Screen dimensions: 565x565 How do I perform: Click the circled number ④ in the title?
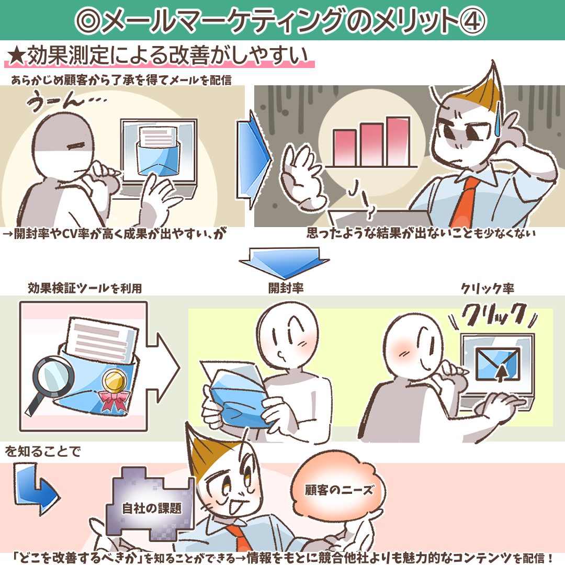472,21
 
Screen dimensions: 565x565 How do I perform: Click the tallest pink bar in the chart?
398,141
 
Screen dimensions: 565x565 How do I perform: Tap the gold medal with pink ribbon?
115,389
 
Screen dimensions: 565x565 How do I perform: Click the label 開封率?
286,288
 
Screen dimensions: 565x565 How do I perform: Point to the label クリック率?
488,288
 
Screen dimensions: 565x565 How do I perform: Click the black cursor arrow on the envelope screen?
501,374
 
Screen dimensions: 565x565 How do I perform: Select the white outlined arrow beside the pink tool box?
163,368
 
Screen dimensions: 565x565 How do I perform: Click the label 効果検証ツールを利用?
85,288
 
